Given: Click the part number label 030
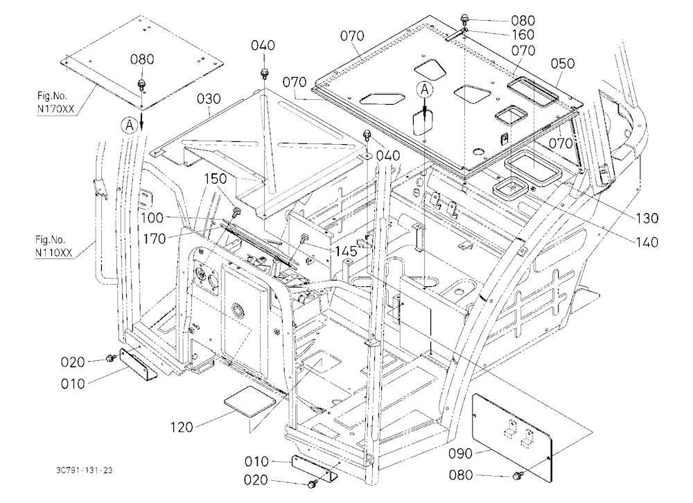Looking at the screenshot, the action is [209, 98].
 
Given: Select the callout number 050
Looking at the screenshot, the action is [563, 63].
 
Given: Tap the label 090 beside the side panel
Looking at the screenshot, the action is [460, 454].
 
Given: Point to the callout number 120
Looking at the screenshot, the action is [182, 427].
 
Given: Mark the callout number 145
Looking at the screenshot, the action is [346, 251].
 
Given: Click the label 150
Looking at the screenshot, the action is [216, 179].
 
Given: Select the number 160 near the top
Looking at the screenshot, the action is [523, 35].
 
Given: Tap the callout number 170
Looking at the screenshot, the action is [155, 239].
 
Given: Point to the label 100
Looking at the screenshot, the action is [152, 218].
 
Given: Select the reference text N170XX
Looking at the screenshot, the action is [55, 109].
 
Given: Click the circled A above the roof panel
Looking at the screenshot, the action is [425, 90].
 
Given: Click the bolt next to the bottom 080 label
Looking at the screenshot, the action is [517, 475].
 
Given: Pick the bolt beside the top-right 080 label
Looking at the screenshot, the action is [464, 19].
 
